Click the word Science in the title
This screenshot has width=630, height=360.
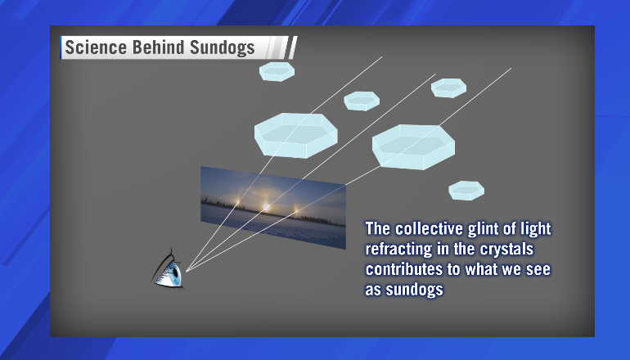pos(96,47)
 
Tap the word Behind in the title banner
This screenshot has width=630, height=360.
pos(158,47)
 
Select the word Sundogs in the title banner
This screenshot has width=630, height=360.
pos(223,47)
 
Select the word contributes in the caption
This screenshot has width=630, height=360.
pos(403,269)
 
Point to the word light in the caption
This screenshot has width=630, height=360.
pos(536,229)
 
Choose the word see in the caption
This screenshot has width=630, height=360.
pos(538,270)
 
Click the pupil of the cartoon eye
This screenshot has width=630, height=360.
pos(176,272)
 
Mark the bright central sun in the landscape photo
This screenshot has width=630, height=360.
pos(266,206)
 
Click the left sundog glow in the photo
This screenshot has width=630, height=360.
pos(239,201)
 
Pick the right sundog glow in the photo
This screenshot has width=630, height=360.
pos(295,209)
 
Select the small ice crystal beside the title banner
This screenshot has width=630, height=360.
pos(277,71)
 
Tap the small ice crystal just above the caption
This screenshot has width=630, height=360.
pos(466,191)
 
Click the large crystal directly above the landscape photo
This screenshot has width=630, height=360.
pos(295,135)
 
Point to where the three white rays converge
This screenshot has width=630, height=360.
pos(186,271)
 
